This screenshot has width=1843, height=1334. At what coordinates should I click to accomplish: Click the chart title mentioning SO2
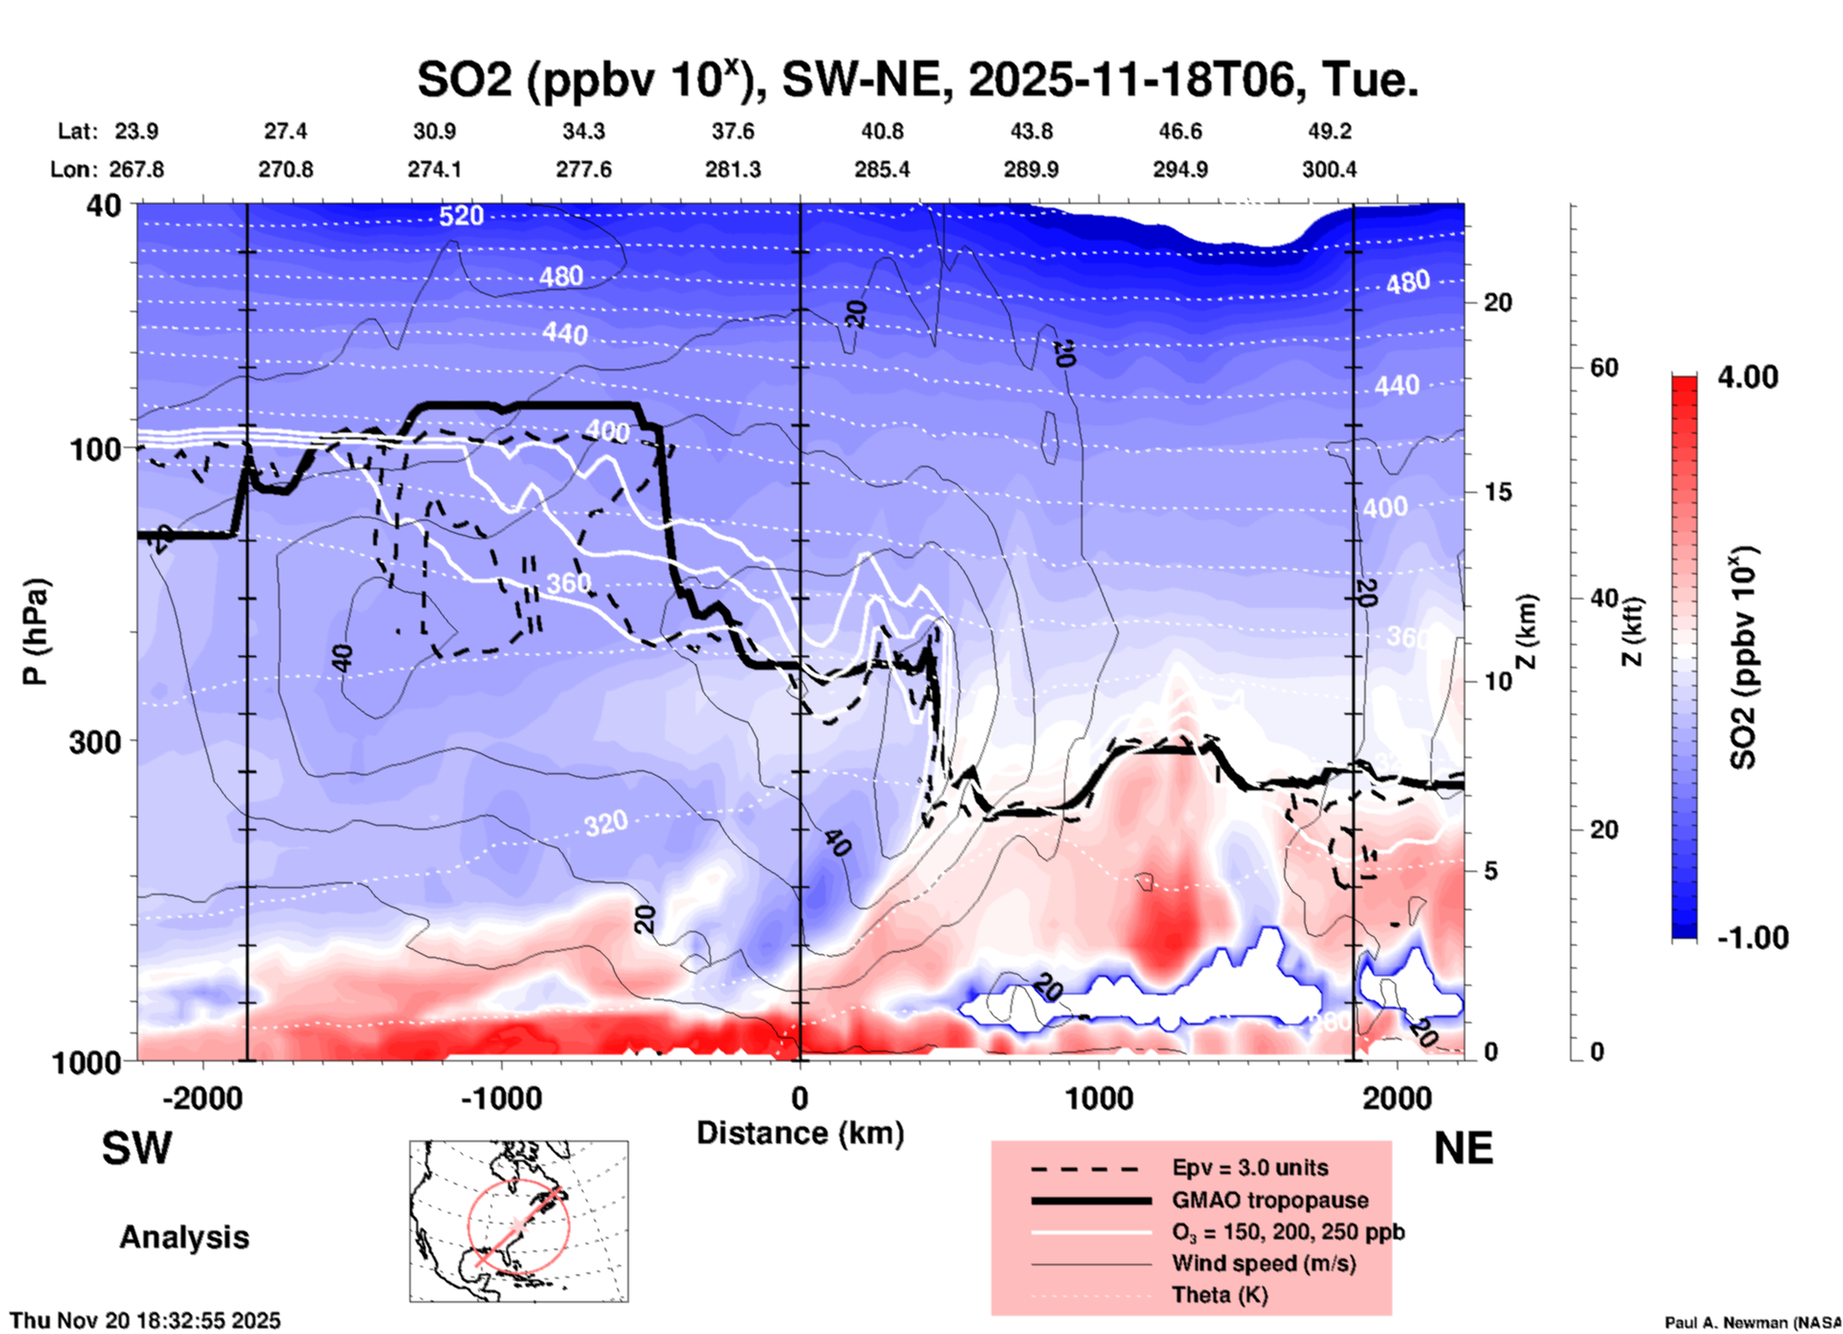click(x=917, y=79)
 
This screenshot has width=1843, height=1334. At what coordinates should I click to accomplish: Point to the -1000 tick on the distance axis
click(x=500, y=1098)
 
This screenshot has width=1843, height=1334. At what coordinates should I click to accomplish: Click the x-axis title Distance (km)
click(x=800, y=1133)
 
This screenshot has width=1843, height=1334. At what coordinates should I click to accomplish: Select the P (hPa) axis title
click(x=35, y=632)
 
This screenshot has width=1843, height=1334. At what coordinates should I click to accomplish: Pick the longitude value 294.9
click(x=1180, y=169)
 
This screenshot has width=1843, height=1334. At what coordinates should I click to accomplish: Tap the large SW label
click(x=137, y=1148)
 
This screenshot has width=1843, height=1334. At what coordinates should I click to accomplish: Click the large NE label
click(x=1463, y=1148)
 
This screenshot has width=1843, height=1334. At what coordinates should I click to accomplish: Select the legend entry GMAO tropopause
click(x=1270, y=1200)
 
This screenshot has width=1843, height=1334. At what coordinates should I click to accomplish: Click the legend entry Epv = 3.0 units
click(x=1250, y=1167)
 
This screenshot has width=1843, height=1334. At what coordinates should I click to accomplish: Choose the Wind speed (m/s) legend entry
click(x=1263, y=1263)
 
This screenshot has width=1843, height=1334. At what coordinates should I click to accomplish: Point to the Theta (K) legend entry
click(x=1219, y=1295)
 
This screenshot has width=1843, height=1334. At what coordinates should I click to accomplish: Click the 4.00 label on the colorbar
click(x=1747, y=377)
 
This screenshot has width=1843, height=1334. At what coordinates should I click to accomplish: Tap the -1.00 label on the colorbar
click(x=1752, y=937)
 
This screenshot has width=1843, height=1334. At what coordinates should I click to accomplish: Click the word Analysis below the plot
click(x=184, y=1236)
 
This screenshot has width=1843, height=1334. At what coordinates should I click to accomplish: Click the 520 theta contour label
click(x=461, y=216)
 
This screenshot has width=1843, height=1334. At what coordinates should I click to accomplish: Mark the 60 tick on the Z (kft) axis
click(x=1604, y=367)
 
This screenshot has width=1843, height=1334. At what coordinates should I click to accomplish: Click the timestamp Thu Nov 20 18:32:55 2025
click(x=145, y=1321)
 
